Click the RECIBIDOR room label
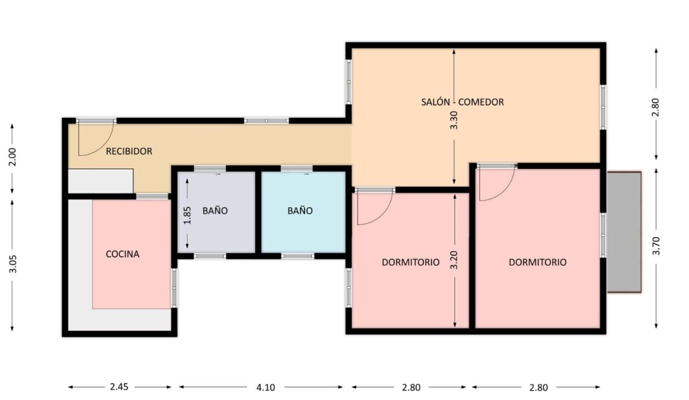click(x=129, y=151)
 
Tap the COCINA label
click(x=122, y=254)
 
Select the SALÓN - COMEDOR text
click(x=462, y=102)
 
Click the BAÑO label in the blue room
click(x=300, y=211)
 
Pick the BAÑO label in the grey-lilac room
click(x=215, y=211)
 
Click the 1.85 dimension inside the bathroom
click(x=187, y=215)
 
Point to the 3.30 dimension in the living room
click(x=454, y=120)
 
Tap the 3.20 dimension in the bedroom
click(x=454, y=260)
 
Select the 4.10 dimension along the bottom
click(x=266, y=387)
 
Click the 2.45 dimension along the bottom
click(x=119, y=387)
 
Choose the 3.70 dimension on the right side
click(x=656, y=246)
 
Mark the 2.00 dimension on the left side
click(x=12, y=157)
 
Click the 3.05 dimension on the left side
click(x=13, y=264)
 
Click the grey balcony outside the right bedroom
click(x=624, y=232)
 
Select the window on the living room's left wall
click(x=348, y=82)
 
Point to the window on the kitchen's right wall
click(x=174, y=288)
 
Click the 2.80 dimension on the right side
click(x=656, y=107)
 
